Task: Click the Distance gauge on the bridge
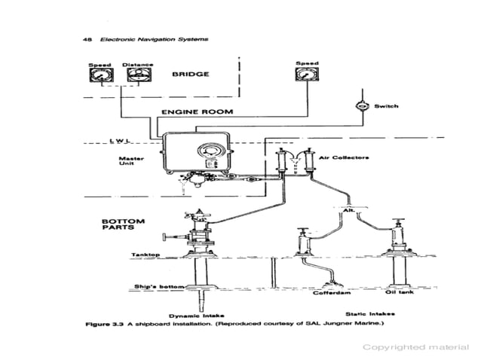coord(137,79)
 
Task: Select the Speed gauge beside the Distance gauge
coord(100,79)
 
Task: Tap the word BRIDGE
coord(190,75)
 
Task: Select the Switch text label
coord(386,106)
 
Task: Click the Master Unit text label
coord(132,163)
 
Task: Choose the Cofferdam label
coord(329,293)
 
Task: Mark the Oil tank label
coord(397,293)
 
